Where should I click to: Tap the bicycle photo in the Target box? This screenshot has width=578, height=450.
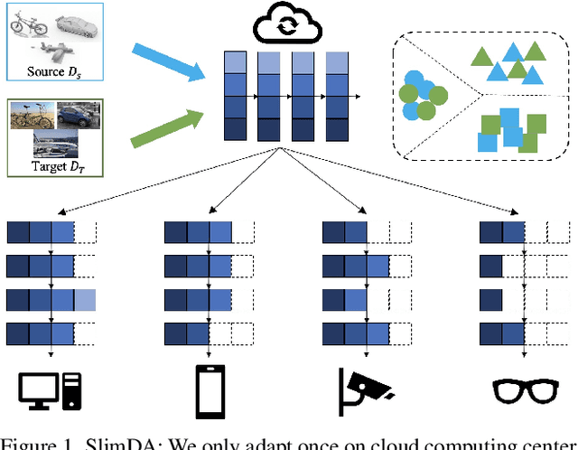click(x=31, y=117)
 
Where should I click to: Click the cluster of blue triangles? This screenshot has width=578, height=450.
click(x=508, y=61)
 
